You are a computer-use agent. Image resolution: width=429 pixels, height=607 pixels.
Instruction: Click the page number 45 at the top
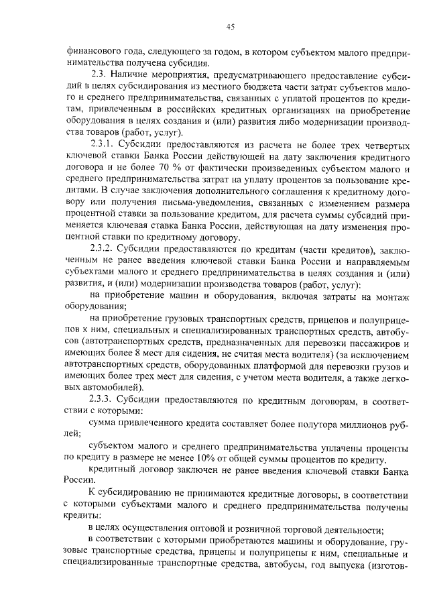point(229,27)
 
